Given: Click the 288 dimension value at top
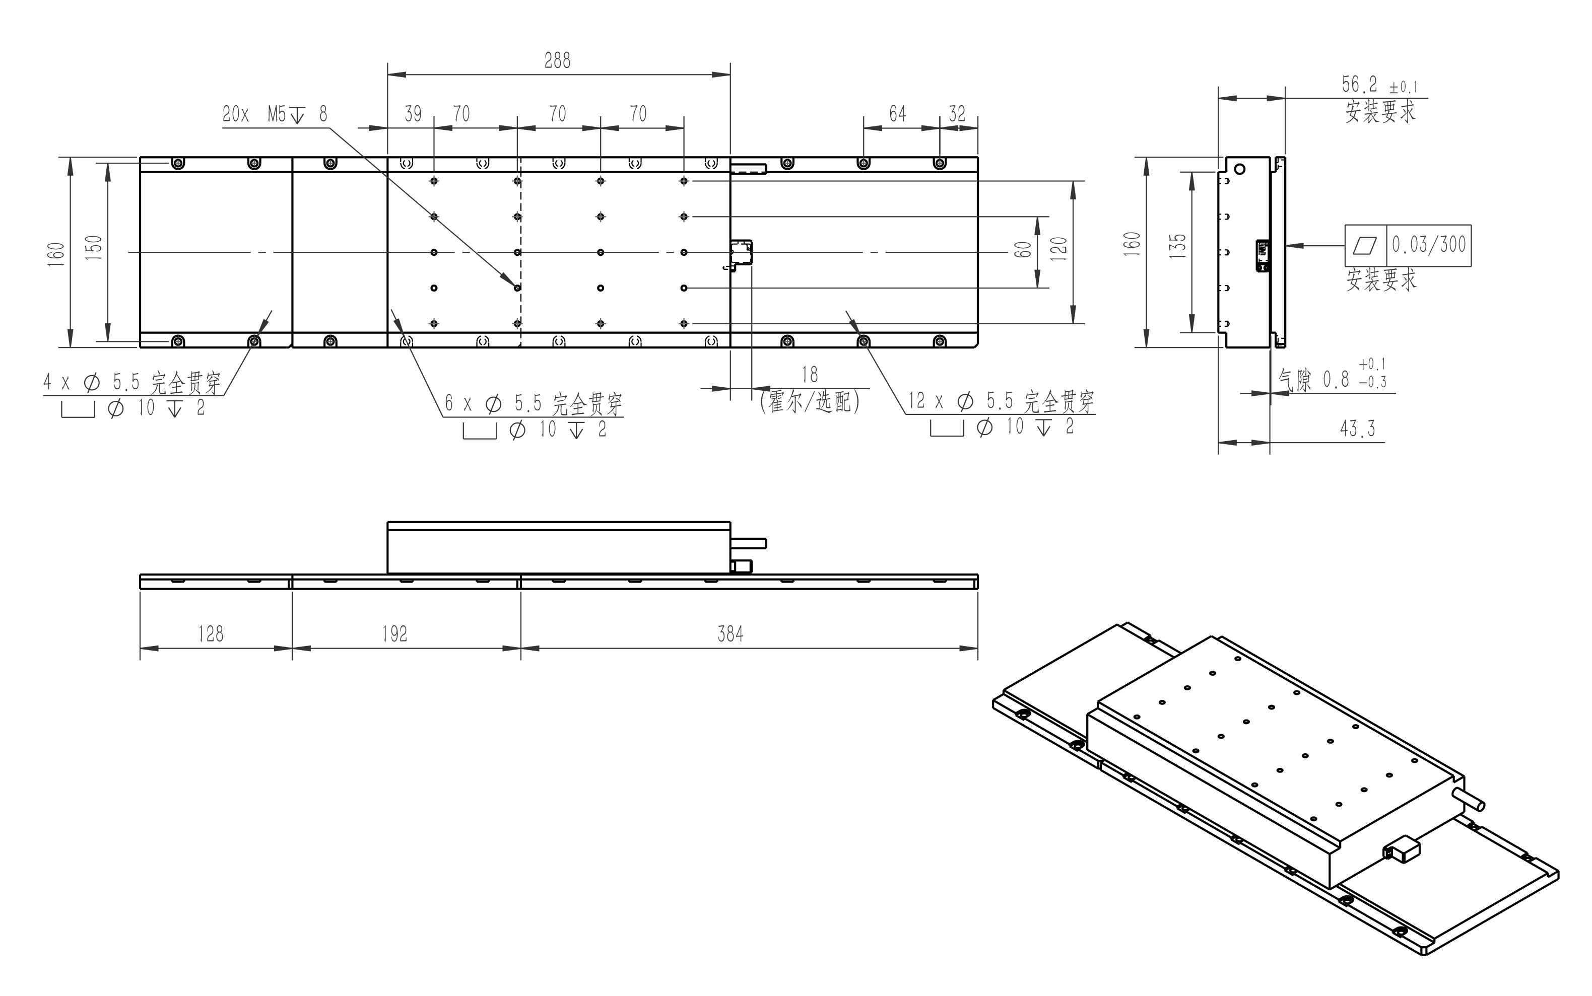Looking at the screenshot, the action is (558, 60).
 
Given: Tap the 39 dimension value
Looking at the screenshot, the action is (413, 114).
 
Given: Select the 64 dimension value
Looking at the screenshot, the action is (897, 114).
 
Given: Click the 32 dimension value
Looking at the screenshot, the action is (957, 114).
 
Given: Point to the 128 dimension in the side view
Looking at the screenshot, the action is (211, 633).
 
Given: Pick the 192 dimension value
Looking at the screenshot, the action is (394, 633).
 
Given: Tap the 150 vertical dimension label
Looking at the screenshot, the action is (94, 248).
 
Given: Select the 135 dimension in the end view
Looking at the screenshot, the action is (1177, 246).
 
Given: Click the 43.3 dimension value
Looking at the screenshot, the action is (1357, 429).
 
